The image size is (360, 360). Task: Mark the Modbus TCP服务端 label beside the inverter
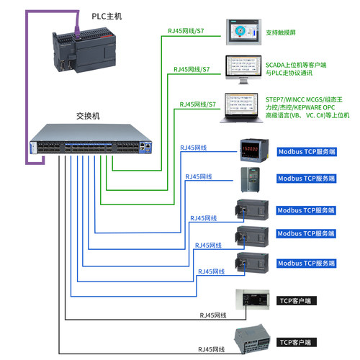[x=306, y=178]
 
